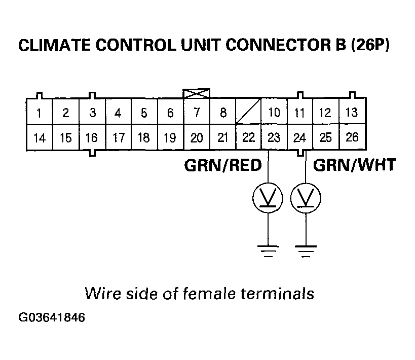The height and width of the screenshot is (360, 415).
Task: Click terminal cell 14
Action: click(39, 137)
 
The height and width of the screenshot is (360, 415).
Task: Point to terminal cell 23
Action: click(274, 137)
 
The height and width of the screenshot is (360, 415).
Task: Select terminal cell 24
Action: click(300, 137)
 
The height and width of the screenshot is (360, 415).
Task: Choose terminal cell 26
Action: click(351, 137)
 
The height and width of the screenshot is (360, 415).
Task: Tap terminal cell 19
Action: click(170, 137)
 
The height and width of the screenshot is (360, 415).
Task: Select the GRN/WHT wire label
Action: click(353, 166)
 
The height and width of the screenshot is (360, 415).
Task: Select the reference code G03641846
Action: click(52, 318)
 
